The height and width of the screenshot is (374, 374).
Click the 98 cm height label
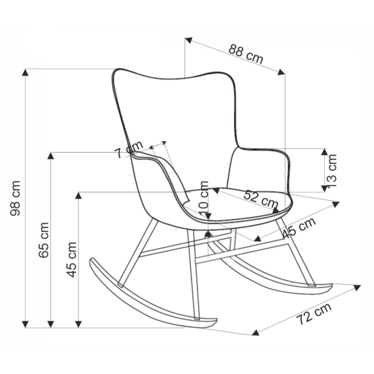tap(15, 198)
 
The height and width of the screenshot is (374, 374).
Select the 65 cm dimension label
tap(44, 240)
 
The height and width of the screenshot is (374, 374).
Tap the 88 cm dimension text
tap(246, 54)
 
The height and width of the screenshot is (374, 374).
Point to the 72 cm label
tap(314, 314)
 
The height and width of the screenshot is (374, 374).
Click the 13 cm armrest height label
tap(332, 171)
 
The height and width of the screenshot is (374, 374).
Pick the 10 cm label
tap(204, 199)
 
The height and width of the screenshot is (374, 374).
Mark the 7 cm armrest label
tap(128, 150)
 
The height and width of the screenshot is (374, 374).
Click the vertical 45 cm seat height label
tap(71, 260)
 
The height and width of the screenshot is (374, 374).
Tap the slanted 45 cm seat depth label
tap(299, 228)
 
